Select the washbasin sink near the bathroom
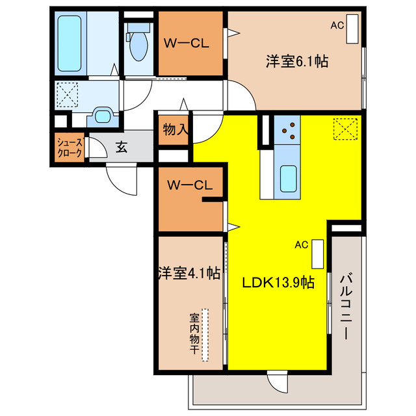(103, 116)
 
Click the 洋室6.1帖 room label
(296, 62)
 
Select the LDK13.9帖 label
(279, 283)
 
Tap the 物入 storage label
(175, 129)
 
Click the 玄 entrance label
(122, 148)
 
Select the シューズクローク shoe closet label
(69, 148)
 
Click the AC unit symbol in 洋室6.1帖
(352, 28)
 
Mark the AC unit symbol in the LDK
(317, 253)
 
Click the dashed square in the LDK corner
(346, 128)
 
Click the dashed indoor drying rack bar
(205, 334)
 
